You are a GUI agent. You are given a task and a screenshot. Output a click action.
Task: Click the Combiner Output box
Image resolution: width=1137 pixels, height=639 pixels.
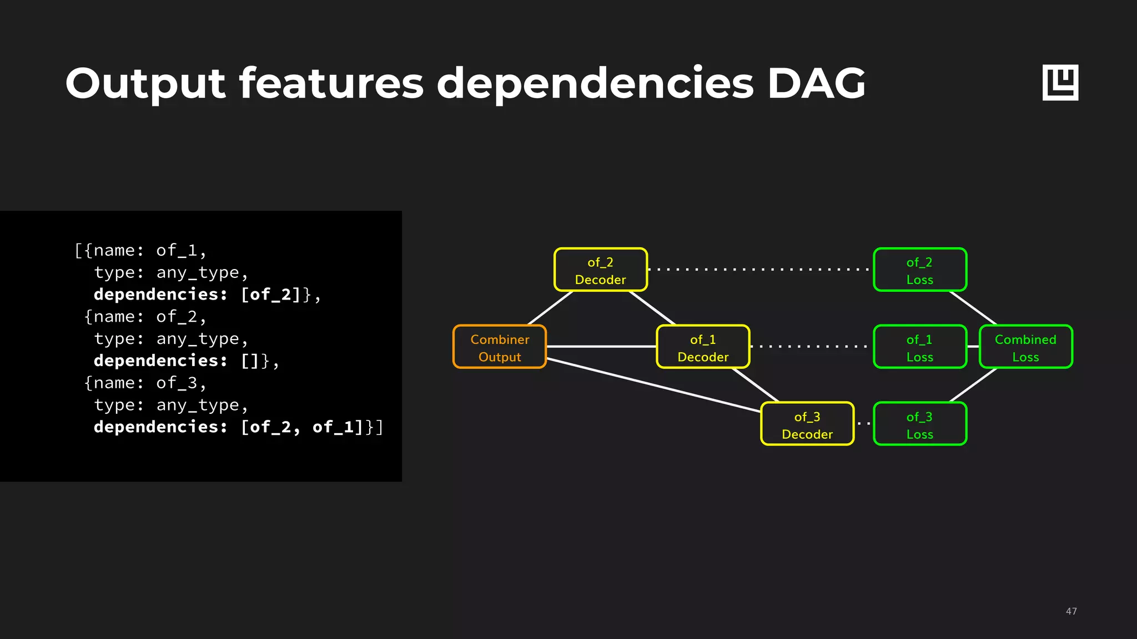(x=500, y=347)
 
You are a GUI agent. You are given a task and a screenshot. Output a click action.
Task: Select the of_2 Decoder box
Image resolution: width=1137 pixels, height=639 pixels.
(x=601, y=270)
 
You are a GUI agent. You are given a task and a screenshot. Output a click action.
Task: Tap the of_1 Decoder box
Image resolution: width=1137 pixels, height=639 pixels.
(x=703, y=347)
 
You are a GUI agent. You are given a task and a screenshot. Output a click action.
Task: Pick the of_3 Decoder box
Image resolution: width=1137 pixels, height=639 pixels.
(x=807, y=424)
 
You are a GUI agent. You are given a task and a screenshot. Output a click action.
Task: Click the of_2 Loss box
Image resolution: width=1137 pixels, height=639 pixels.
(x=920, y=270)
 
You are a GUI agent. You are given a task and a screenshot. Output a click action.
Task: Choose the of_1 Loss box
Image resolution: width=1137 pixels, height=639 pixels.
(x=920, y=347)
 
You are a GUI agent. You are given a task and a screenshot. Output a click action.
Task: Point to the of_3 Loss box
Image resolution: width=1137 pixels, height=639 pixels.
(x=920, y=424)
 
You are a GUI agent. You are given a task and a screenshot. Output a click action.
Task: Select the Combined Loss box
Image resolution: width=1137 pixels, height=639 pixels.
(x=1025, y=347)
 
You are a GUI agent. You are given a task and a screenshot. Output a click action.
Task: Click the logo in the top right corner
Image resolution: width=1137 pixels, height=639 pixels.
(x=1060, y=83)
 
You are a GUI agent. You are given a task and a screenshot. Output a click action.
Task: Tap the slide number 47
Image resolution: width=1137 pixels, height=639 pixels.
(x=1071, y=611)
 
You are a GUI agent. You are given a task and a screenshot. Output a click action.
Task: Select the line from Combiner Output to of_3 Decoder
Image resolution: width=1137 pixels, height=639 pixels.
(x=654, y=385)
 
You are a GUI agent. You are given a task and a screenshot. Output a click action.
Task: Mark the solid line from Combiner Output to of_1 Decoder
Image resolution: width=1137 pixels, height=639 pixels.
(x=601, y=347)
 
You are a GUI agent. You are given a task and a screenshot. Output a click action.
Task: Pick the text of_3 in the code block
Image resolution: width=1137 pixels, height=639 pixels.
(x=177, y=383)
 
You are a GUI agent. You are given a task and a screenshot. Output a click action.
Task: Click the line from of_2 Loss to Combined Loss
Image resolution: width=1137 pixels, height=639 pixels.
(x=973, y=308)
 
